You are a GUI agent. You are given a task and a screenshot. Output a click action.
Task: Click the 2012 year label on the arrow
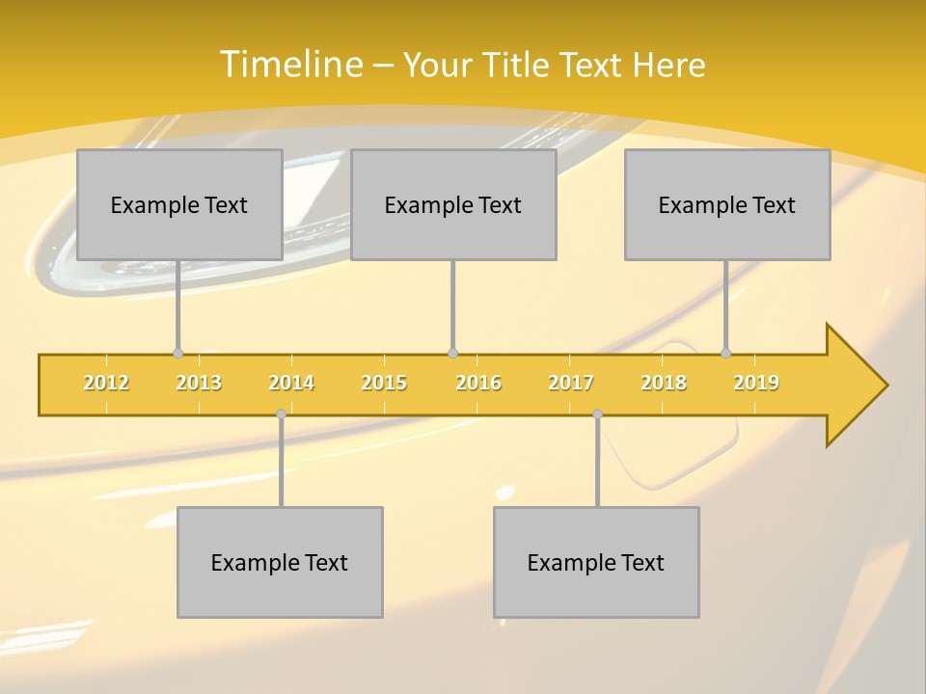click(106, 383)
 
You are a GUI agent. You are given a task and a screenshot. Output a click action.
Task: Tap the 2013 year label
click(199, 383)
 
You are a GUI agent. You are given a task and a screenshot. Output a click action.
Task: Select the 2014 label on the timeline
click(291, 383)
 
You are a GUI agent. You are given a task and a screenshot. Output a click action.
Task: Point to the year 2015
click(384, 383)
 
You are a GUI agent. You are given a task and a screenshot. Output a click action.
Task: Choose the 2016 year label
click(478, 383)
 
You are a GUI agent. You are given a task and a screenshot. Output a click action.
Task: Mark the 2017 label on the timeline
click(571, 383)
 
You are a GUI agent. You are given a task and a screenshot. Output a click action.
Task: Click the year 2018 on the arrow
click(664, 383)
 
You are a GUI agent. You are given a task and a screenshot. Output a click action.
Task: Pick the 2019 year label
click(756, 383)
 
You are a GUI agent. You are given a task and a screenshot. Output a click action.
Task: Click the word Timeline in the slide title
click(289, 65)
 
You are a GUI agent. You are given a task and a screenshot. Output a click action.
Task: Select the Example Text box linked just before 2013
click(179, 204)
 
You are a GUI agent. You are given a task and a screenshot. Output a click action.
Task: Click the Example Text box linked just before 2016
click(453, 204)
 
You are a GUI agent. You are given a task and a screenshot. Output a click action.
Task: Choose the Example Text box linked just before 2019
click(727, 204)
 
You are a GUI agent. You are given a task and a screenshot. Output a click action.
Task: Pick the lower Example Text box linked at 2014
click(280, 562)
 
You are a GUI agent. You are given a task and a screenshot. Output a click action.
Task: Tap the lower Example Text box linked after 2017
click(596, 562)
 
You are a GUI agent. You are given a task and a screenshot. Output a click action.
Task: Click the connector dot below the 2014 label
click(281, 414)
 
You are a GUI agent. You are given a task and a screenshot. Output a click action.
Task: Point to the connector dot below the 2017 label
click(597, 414)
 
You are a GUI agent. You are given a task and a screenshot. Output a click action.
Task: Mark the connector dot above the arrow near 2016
click(452, 353)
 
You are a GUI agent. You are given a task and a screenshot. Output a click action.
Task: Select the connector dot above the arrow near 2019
click(725, 353)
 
